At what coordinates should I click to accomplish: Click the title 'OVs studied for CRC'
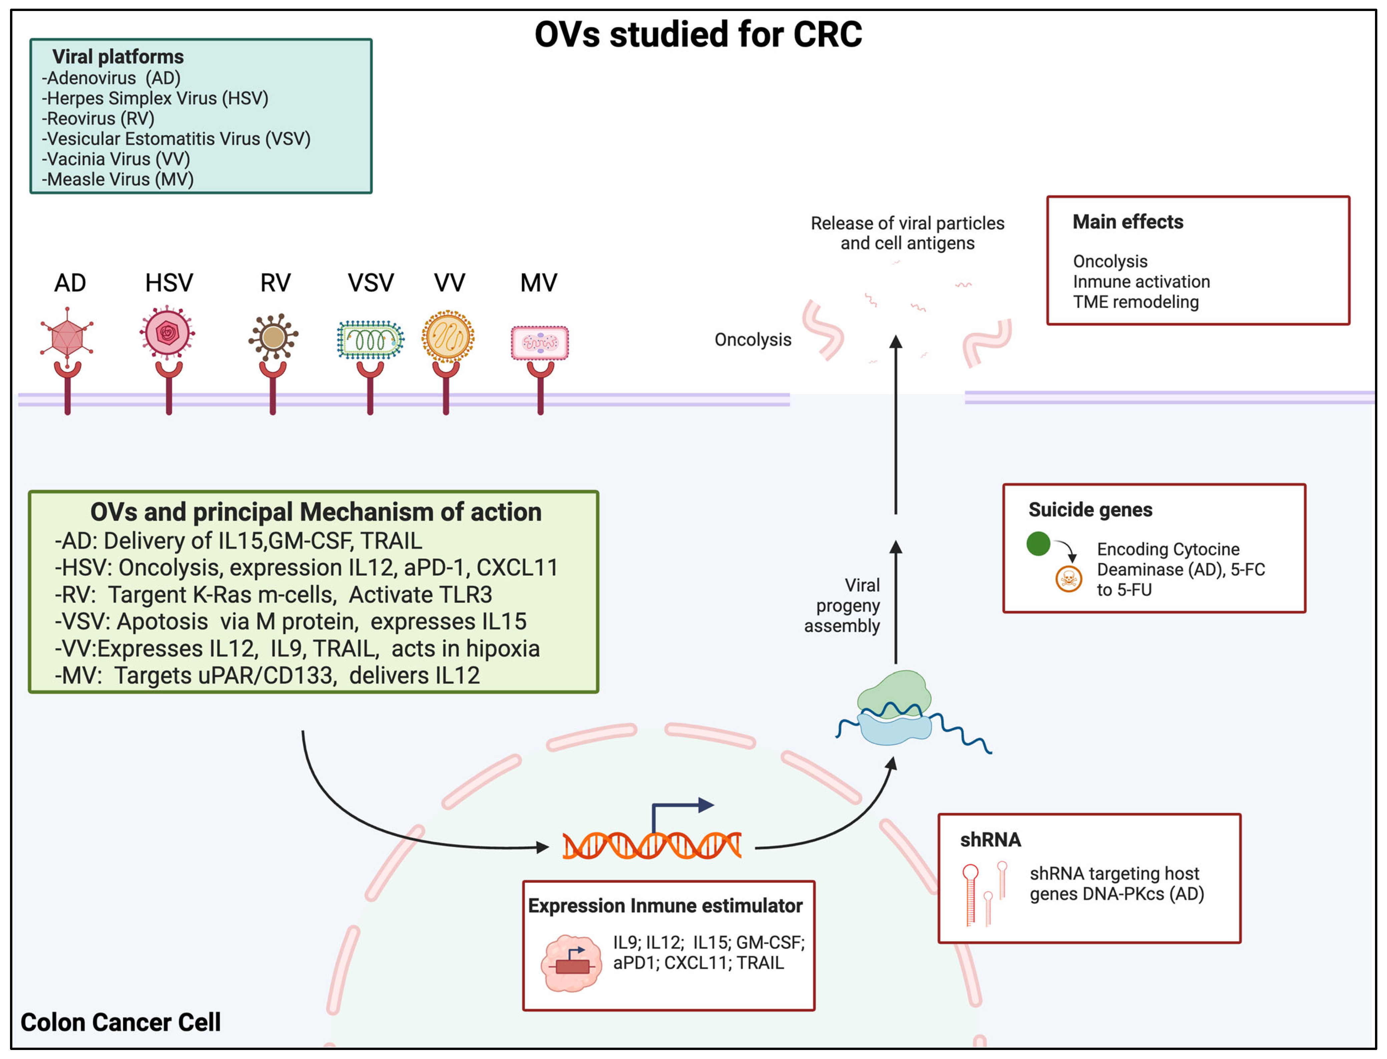698,35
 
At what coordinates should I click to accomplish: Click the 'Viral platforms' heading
118,57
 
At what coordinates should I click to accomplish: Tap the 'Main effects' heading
1128,222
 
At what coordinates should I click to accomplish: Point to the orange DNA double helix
652,845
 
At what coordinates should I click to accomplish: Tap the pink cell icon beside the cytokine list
571,963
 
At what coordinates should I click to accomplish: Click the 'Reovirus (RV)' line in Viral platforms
98,118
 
